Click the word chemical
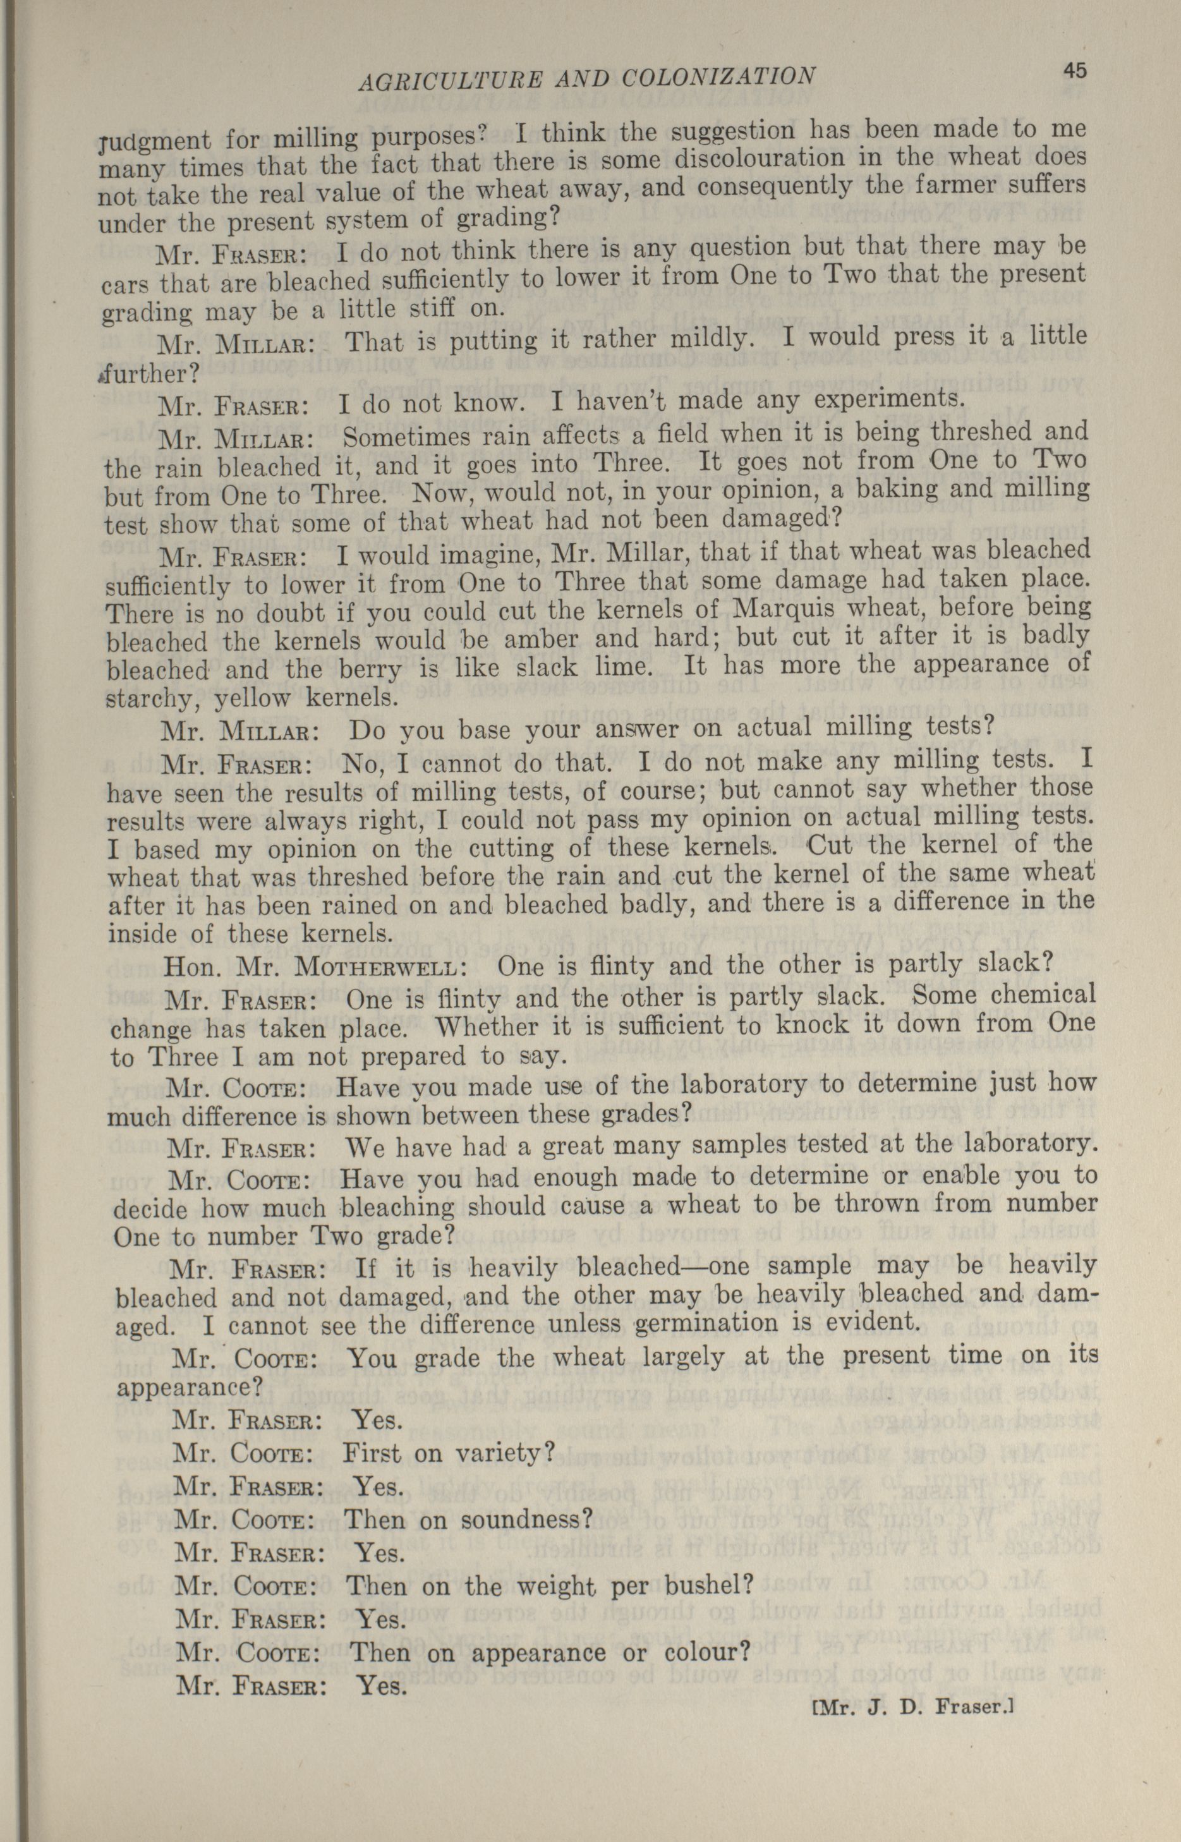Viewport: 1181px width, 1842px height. tap(1044, 995)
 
